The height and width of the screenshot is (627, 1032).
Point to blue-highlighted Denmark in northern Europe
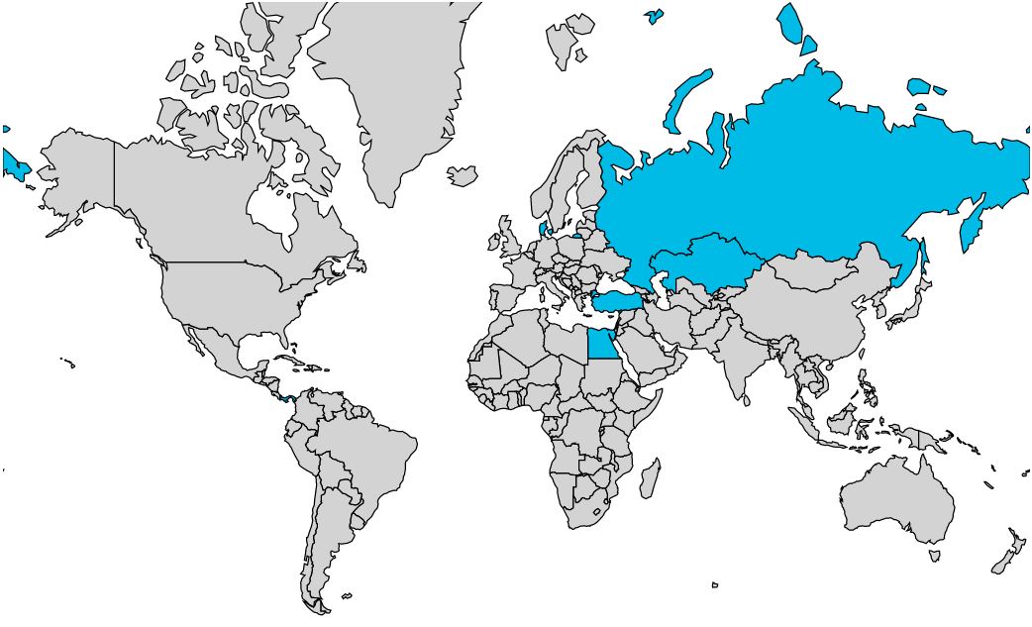point(541,230)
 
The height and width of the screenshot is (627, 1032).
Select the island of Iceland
point(463,175)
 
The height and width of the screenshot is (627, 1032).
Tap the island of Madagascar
point(650,478)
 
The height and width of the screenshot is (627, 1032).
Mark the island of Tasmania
point(934,557)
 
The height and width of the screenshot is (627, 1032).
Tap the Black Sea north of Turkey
point(613,281)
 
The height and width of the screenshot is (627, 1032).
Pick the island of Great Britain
point(506,239)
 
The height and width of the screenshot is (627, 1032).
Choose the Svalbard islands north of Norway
point(567,40)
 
